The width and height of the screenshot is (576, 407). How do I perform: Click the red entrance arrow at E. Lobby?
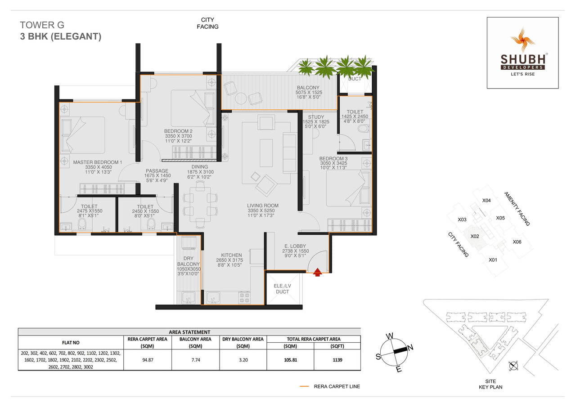318,272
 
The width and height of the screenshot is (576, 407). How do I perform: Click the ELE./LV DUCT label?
283,289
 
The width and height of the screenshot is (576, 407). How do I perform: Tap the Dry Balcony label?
188,264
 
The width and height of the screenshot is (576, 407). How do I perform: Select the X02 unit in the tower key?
474,236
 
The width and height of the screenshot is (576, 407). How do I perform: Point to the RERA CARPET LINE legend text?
337,386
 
